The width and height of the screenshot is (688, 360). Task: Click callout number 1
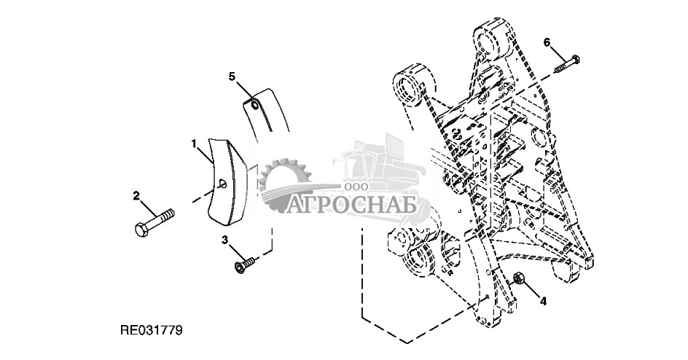click(194, 144)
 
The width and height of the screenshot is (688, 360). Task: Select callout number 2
click(136, 195)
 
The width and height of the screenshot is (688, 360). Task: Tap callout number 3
click(225, 240)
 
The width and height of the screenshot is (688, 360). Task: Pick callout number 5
click(232, 76)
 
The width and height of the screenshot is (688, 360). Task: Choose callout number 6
click(547, 42)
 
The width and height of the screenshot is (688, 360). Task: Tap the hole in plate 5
click(254, 106)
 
